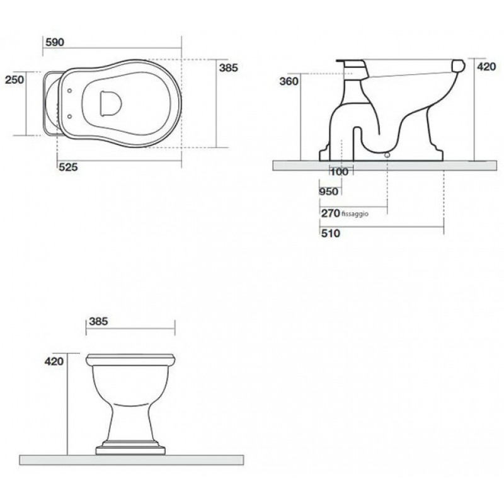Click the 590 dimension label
click(55, 42)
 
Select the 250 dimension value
click(14, 79)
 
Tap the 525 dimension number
click(68, 167)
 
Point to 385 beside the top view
click(228, 68)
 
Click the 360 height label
click(289, 81)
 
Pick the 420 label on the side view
click(486, 67)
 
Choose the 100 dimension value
click(339, 171)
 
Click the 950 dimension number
click(329, 192)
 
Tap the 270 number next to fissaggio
click(330, 213)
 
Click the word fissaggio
click(355, 214)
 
